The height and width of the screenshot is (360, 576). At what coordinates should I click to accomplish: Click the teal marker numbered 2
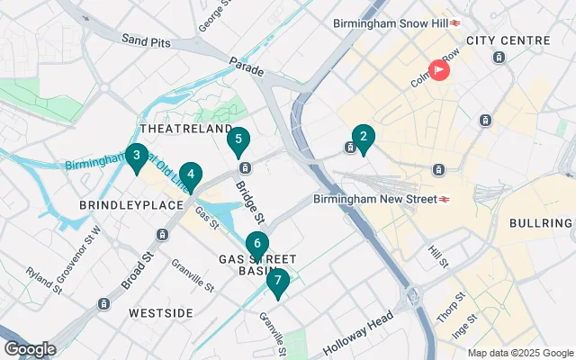[x=363, y=138]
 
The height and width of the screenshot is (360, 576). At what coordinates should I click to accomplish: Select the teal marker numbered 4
[x=190, y=174]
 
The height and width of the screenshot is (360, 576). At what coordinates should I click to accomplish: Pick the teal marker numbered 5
[x=238, y=139]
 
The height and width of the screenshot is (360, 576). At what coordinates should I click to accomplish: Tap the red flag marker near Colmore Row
[x=438, y=68]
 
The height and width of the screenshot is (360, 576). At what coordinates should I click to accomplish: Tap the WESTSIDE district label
[x=160, y=312]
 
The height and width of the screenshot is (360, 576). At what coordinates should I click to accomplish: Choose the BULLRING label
[x=541, y=222]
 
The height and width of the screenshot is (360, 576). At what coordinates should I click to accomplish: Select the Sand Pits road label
[x=145, y=40]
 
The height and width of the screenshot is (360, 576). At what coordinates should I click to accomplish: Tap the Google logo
[x=30, y=349]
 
